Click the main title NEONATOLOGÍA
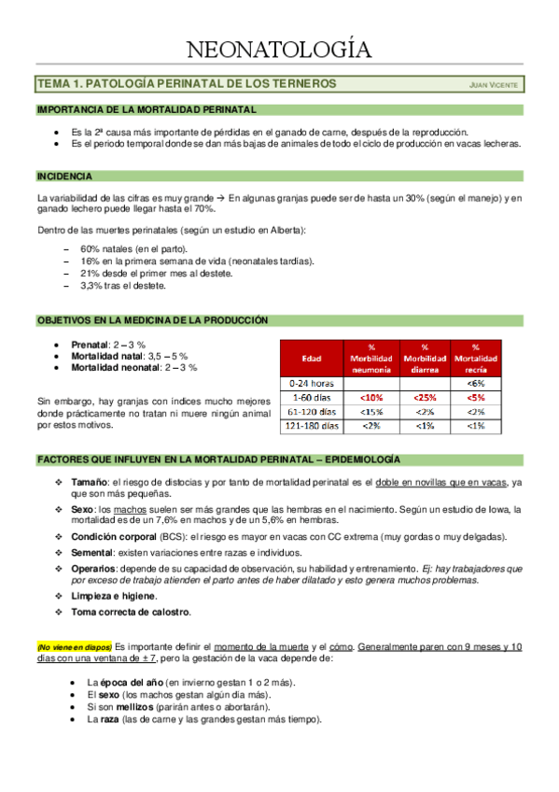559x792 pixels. [x=279, y=49]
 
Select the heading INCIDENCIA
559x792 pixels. [x=64, y=176]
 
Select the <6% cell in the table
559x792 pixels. [x=475, y=382]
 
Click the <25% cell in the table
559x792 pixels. [x=424, y=397]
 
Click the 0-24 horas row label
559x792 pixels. [x=312, y=382]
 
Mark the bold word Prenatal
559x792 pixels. [x=91, y=345]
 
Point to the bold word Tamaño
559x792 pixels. [x=91, y=481]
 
